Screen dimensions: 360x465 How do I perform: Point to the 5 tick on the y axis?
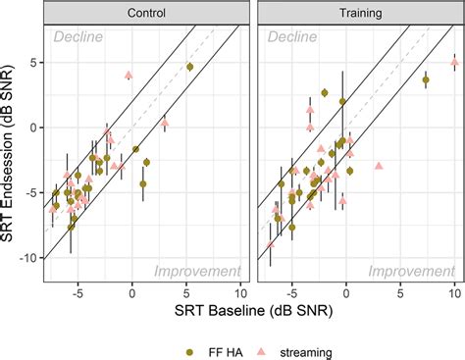[x=34, y=62]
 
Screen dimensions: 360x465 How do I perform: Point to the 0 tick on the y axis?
[x=34, y=128]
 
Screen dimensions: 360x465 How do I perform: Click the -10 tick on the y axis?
[x=29, y=258]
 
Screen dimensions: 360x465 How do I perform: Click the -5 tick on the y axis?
[x=31, y=192]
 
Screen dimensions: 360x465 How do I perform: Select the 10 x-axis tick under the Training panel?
[x=454, y=291]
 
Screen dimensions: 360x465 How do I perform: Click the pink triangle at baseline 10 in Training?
[x=454, y=62]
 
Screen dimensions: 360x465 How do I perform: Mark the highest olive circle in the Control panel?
[x=189, y=67]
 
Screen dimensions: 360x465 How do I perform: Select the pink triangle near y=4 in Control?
[x=129, y=75]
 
